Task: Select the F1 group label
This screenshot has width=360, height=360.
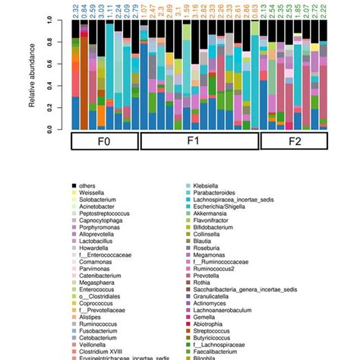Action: (200, 143)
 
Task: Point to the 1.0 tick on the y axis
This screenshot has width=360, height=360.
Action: (49, 21)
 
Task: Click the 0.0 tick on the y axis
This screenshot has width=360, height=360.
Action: (49, 129)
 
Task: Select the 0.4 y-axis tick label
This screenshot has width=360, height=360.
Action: (49, 86)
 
